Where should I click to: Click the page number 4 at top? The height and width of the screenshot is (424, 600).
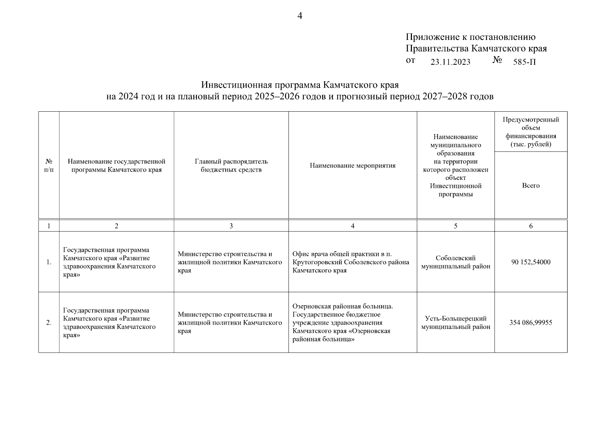(299, 16)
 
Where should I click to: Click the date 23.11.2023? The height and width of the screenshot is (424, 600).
(450, 62)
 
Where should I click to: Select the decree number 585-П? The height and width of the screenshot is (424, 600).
(524, 62)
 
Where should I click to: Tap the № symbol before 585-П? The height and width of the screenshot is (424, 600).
(497, 60)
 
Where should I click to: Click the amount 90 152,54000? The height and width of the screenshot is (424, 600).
(530, 262)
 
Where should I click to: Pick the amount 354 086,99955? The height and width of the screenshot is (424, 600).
(530, 323)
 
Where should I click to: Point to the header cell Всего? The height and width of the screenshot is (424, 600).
(530, 185)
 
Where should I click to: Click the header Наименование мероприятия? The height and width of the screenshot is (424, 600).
(353, 166)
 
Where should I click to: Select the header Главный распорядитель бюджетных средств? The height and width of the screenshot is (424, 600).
(231, 166)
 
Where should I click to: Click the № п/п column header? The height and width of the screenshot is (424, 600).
(49, 166)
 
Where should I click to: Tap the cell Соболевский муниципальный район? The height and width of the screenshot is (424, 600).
(455, 262)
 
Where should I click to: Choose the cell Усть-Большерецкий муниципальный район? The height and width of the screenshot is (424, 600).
(455, 323)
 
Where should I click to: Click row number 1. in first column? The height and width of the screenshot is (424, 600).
(49, 262)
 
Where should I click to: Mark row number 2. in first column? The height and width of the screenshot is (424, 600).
(49, 323)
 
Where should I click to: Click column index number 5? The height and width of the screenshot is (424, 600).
(455, 226)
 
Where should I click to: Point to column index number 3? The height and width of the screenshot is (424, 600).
(231, 226)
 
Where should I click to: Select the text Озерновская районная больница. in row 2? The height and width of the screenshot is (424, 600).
(342, 306)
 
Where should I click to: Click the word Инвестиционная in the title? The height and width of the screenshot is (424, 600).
(236, 85)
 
